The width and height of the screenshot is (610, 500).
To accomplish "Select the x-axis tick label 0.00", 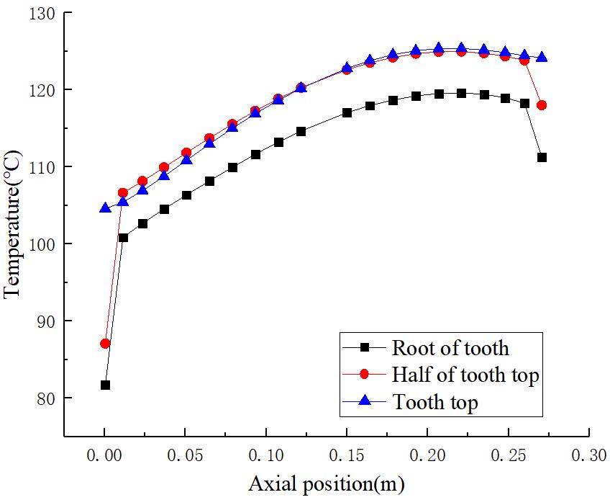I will [x=105, y=456].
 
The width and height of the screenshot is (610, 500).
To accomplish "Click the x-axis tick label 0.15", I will [x=347, y=456].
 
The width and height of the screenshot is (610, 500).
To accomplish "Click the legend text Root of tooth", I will [x=450, y=349].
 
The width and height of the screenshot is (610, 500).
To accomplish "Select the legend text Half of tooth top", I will [x=465, y=375].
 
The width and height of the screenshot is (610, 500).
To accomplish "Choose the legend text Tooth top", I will [x=434, y=402].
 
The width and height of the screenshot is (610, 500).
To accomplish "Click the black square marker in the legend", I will [x=364, y=348].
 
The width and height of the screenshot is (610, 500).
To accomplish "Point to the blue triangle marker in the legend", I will [x=364, y=401].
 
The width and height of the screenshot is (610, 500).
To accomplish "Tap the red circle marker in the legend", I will [x=364, y=375].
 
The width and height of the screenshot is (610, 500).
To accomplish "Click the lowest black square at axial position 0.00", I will [x=105, y=385].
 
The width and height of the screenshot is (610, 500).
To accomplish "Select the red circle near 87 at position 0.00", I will [x=105, y=344].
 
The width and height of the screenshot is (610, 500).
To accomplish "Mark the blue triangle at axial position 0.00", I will [x=105, y=207].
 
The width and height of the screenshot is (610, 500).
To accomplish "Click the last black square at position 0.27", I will [x=542, y=157].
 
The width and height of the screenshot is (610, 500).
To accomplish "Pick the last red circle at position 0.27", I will [x=542, y=105].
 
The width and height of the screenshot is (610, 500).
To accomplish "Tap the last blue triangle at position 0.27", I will [x=542, y=56].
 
